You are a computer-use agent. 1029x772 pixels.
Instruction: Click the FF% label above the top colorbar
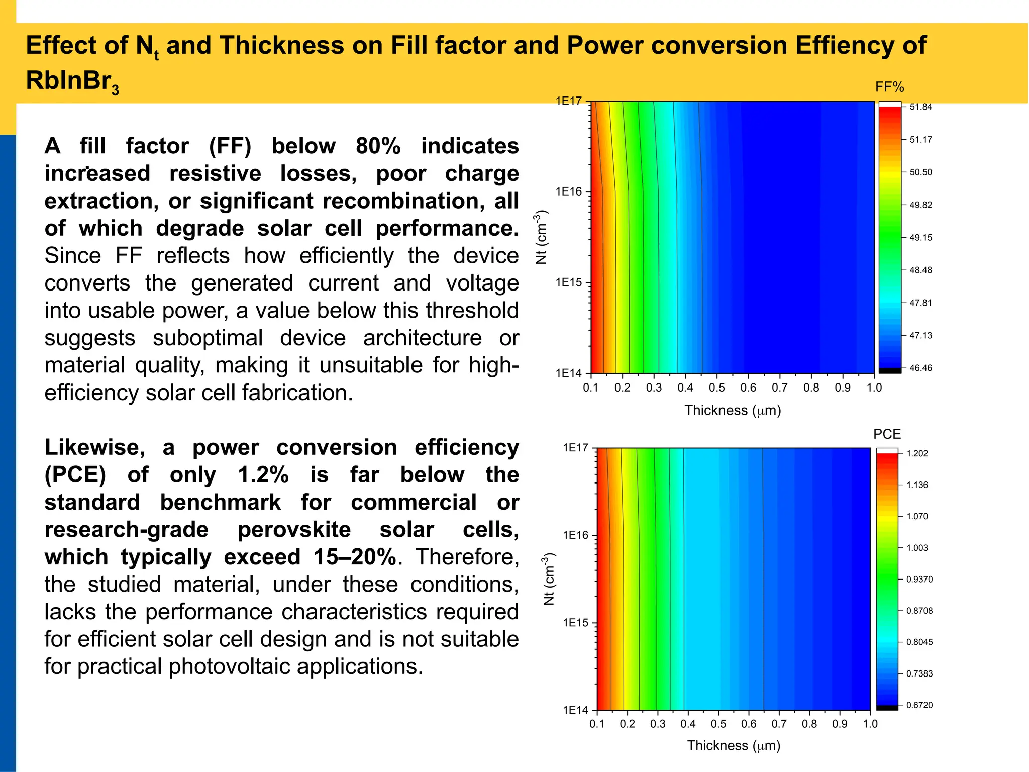click(x=889, y=87)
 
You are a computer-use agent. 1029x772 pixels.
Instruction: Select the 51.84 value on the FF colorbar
click(x=920, y=107)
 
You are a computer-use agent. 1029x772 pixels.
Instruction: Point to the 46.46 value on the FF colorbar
click(x=920, y=368)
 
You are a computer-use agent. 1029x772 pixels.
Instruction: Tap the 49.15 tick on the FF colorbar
click(x=920, y=237)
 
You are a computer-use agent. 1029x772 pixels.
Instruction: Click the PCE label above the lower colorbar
click(x=887, y=434)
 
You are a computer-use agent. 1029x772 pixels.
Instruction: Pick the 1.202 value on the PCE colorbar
click(x=917, y=453)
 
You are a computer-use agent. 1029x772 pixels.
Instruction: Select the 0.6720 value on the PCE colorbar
click(x=919, y=705)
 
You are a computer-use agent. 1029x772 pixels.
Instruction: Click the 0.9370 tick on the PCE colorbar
click(x=919, y=579)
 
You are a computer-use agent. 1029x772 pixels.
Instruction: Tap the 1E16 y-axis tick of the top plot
click(x=568, y=191)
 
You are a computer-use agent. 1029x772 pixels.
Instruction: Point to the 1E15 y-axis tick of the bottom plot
click(x=575, y=623)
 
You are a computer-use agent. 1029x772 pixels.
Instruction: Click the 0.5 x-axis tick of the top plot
click(x=716, y=388)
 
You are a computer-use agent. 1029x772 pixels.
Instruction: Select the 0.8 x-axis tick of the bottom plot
click(x=809, y=724)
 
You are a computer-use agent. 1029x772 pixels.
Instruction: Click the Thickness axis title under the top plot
click(x=733, y=410)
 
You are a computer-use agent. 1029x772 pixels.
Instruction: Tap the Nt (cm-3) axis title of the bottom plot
click(x=549, y=578)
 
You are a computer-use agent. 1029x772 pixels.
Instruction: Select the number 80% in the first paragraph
click(x=378, y=146)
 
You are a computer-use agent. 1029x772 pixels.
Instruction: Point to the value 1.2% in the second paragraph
click(x=263, y=474)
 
